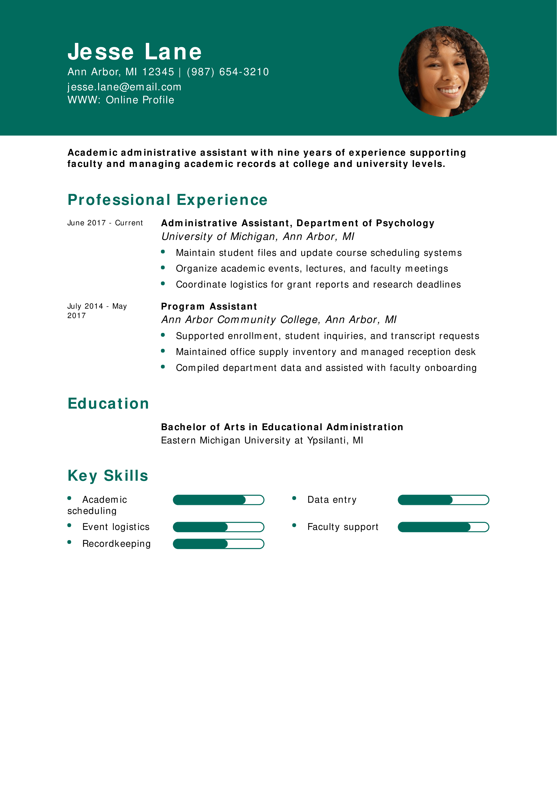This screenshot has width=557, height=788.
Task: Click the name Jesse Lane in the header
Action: [135, 52]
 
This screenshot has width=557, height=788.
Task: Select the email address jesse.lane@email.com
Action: [124, 87]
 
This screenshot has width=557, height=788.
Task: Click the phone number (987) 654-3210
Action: [228, 72]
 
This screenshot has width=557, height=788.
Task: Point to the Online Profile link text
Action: [140, 100]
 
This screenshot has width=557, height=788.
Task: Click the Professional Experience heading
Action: [167, 200]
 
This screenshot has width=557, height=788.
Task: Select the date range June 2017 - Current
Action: [105, 223]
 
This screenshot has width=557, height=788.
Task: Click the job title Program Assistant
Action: [209, 306]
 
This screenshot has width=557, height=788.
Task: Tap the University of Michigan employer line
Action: [257, 237]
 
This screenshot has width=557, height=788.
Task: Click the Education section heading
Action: [108, 403]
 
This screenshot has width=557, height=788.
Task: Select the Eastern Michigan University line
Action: [262, 440]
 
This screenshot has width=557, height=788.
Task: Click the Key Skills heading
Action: [108, 476]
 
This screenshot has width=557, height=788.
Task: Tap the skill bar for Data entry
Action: [443, 500]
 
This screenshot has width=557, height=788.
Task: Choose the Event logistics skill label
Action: [116, 527]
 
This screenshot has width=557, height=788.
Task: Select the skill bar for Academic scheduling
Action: [218, 500]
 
